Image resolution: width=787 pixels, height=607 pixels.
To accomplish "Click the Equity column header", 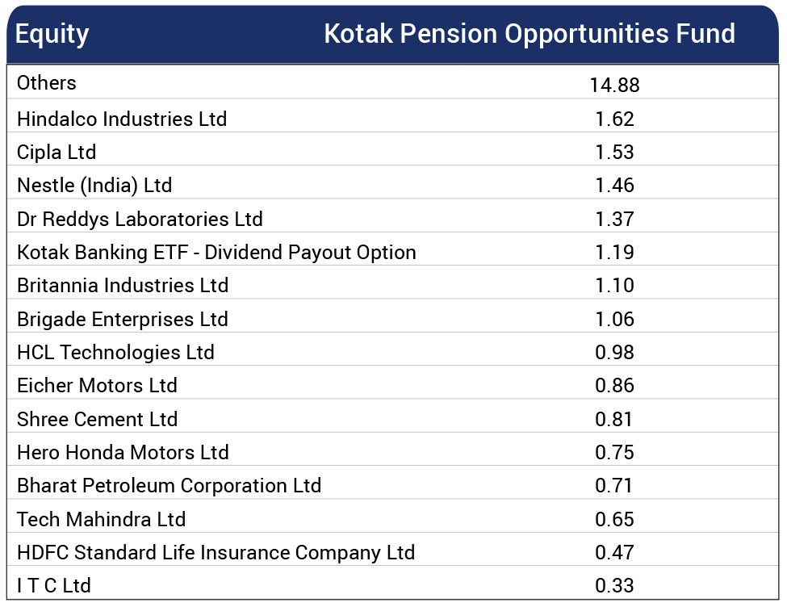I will [52, 35].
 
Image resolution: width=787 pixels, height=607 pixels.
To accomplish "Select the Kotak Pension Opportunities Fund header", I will [529, 34].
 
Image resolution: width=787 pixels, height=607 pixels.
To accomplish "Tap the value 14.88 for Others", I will [614, 85].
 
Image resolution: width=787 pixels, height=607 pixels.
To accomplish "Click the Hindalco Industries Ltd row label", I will [122, 119].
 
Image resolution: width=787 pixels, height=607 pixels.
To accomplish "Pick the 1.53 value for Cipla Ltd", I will [614, 153].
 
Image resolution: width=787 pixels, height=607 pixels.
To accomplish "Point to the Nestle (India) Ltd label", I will [94, 186].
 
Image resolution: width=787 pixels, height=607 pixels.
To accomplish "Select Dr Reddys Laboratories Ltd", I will [140, 220].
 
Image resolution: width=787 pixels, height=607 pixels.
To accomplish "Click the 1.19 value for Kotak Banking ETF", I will [614, 253].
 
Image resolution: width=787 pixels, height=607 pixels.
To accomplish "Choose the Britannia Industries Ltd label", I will [123, 286].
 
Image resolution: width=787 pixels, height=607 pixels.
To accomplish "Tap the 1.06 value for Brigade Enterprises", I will [614, 320].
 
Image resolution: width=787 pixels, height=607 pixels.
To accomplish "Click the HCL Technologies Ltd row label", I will [115, 353].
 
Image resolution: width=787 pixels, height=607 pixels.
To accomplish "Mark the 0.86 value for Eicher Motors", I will [614, 386].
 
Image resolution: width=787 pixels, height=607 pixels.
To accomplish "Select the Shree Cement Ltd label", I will [97, 420].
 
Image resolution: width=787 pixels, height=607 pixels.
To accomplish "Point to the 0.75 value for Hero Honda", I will [614, 453].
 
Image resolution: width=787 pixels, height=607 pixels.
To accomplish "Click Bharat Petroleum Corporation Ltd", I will [169, 486].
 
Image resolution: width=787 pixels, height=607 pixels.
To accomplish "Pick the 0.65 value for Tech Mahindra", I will [614, 520].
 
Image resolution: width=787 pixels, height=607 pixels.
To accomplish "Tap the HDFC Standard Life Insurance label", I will [216, 553].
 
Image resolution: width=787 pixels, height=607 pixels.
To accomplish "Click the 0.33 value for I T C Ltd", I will [614, 586].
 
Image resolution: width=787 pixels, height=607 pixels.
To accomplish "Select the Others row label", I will [47, 83].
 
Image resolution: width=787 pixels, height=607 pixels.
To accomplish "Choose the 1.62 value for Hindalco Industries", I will [614, 119].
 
